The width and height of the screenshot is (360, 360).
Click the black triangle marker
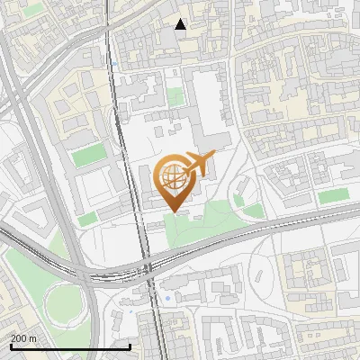[x=181, y=24]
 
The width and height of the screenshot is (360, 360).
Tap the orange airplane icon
[x=198, y=164]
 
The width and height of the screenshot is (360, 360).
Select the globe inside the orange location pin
[x=171, y=178]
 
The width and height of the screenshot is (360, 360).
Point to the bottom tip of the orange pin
[x=171, y=212]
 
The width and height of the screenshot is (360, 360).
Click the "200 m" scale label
[x=23, y=338]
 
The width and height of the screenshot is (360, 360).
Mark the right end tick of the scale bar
[x=130, y=346]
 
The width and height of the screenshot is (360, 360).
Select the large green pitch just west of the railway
[x=89, y=155]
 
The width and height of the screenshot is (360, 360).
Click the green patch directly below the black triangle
[x=174, y=95]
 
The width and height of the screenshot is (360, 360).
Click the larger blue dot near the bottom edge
[x=167, y=298]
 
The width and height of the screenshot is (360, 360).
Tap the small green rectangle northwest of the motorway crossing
[x=87, y=219]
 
